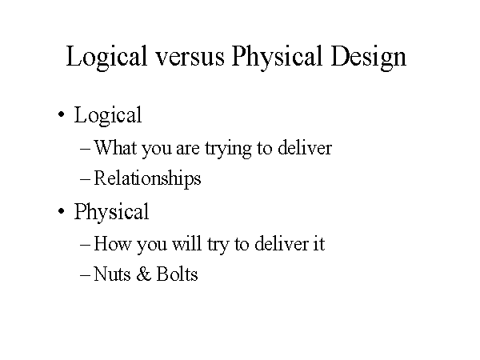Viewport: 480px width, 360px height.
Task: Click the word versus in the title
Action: (190, 57)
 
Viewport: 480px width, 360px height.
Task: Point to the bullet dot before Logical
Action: (62, 114)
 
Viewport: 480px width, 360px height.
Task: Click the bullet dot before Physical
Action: (62, 211)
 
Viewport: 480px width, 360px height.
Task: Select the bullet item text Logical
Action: (108, 116)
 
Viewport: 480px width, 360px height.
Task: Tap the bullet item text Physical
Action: (111, 213)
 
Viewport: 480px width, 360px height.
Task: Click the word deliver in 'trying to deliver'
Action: (305, 147)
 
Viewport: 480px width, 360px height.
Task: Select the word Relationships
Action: (147, 179)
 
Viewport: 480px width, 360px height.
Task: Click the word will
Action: (186, 244)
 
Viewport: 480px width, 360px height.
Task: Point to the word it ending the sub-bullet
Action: (318, 244)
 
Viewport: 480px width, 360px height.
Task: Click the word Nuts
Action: (112, 274)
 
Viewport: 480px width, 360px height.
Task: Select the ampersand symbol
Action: (143, 274)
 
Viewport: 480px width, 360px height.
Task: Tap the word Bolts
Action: (178, 274)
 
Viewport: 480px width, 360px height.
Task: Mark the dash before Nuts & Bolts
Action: (85, 275)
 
